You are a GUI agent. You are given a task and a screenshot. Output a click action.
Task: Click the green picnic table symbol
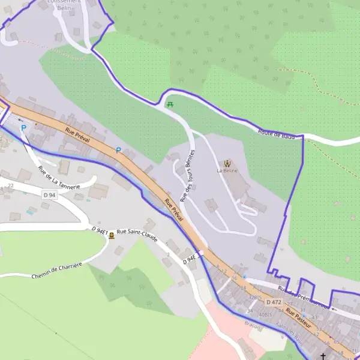click(171, 104)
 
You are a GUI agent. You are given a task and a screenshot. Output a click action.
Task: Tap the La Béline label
click(227, 170)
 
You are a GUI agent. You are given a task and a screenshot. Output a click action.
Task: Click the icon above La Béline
click(227, 162)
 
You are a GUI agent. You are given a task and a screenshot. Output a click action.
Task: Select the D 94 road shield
click(50, 195)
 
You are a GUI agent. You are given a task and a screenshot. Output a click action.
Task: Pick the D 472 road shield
click(274, 302)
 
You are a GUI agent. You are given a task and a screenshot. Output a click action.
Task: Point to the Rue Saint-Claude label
click(137, 235)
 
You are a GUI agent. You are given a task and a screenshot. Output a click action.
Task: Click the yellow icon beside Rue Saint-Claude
click(112, 236)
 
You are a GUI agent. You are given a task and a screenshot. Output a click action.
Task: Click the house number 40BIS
click(266, 314)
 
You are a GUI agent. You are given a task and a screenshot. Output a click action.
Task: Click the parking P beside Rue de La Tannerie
click(24, 128)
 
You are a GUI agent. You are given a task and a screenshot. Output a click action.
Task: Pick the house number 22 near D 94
click(11, 185)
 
